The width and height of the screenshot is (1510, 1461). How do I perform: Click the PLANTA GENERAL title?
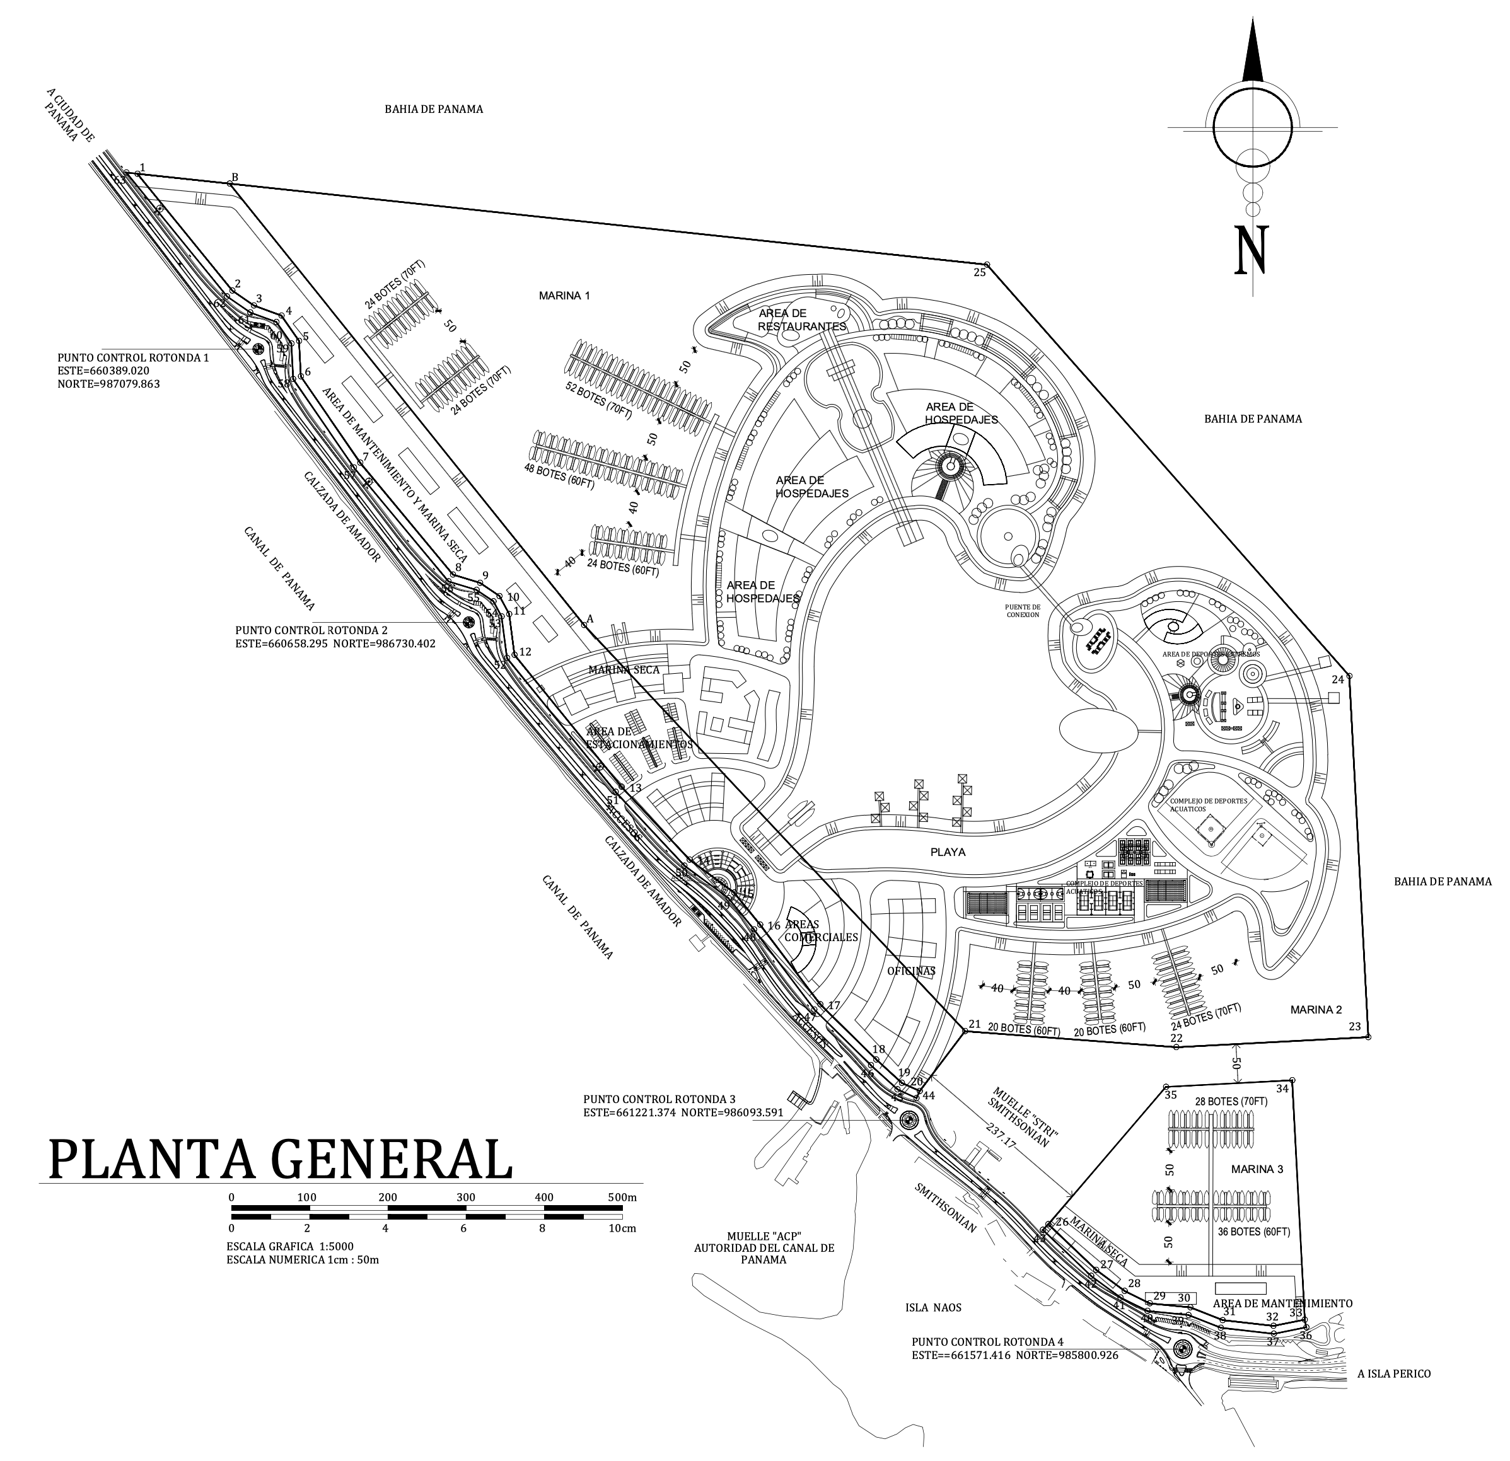click(x=281, y=1159)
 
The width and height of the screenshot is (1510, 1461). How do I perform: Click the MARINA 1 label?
click(x=565, y=296)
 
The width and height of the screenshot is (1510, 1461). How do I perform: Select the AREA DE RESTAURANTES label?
click(x=802, y=320)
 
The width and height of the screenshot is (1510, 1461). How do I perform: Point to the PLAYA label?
click(x=948, y=852)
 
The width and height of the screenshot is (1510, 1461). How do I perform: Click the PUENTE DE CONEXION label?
click(x=1023, y=610)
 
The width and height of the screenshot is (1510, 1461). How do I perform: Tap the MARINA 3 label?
click(x=1257, y=1169)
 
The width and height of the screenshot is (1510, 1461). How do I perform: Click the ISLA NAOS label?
click(x=933, y=1307)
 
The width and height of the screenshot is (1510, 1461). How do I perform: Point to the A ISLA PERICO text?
click(x=1393, y=1373)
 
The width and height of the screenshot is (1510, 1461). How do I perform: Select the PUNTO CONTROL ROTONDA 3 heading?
click(x=659, y=1099)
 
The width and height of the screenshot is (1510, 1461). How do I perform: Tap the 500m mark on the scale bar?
click(x=622, y=1198)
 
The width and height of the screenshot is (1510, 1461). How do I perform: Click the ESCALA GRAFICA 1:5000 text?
click(x=289, y=1246)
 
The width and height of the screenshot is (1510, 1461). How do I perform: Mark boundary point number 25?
click(x=987, y=265)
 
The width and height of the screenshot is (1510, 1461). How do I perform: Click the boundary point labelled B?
click(x=230, y=183)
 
